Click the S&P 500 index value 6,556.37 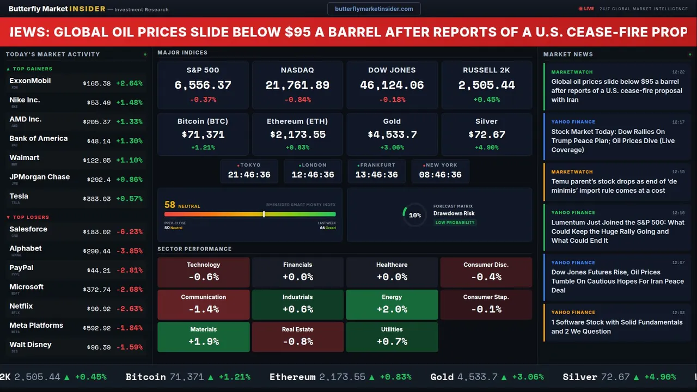(203, 85)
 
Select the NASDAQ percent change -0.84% (297, 100)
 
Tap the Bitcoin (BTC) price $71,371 (203, 134)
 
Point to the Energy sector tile (392, 304)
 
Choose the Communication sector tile (203, 304)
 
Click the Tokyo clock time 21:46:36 (249, 175)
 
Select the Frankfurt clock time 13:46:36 (376, 175)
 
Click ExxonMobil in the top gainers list (30, 81)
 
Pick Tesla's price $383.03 (97, 199)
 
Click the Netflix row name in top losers (21, 306)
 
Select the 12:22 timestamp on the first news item (678, 72)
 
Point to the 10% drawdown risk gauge (414, 215)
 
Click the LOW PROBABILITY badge (455, 223)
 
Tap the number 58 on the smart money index (170, 205)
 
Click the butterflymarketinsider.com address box (374, 9)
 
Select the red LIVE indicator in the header (586, 9)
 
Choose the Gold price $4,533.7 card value (392, 134)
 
